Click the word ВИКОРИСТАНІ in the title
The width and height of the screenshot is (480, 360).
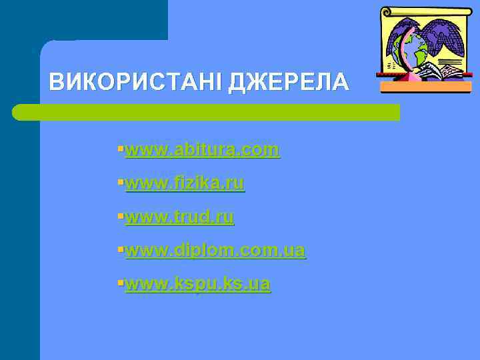(x=136, y=82)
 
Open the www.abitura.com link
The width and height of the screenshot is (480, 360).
(x=202, y=150)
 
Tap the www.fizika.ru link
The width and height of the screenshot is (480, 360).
(x=185, y=183)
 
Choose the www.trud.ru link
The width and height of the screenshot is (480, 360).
(x=179, y=217)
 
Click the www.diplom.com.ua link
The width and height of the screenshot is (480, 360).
(x=215, y=251)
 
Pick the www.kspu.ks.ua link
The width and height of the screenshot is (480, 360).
(x=198, y=285)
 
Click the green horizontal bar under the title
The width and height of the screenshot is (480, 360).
(x=207, y=112)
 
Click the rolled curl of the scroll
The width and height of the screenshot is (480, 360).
(x=387, y=12)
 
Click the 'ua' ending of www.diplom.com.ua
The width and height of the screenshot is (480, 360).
(x=295, y=251)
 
